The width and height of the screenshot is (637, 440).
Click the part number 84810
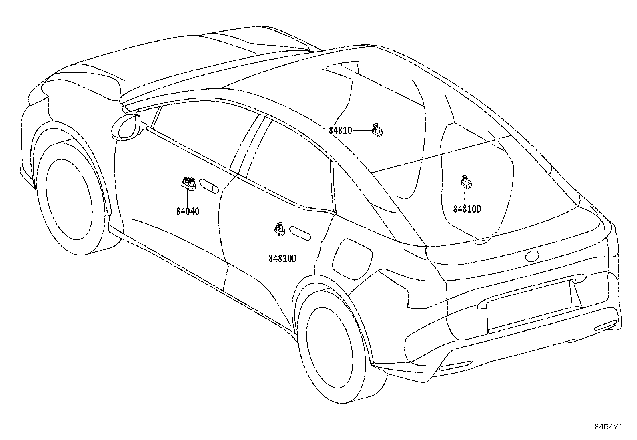click(340, 131)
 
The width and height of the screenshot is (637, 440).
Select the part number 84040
click(188, 211)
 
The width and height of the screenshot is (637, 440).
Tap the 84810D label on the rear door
click(282, 258)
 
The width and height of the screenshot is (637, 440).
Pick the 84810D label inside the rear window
click(467, 209)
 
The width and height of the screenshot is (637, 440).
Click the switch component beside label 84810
click(377, 131)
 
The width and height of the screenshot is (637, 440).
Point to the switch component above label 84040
click(188, 183)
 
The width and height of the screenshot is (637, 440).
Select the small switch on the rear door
click(280, 229)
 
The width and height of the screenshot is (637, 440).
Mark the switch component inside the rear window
click(466, 182)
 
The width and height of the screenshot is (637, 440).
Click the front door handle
click(209, 186)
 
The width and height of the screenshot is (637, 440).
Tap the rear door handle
click(300, 233)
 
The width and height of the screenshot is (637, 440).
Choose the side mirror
click(126, 127)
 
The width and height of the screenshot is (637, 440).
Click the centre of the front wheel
click(69, 199)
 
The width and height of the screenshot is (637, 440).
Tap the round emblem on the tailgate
click(532, 256)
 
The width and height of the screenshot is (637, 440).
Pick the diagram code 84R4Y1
click(608, 427)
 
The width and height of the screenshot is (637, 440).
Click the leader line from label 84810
click(361, 131)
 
